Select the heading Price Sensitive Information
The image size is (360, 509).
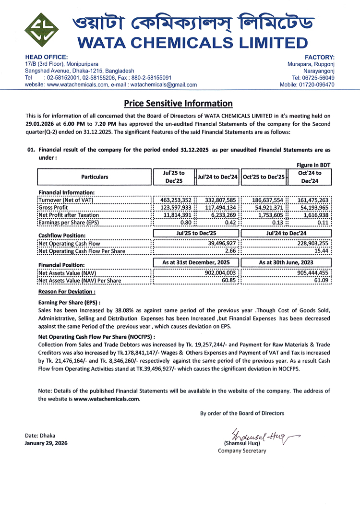[x=178, y=103]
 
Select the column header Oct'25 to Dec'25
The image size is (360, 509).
[x=264, y=177]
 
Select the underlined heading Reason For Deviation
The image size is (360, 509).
[x=67, y=291]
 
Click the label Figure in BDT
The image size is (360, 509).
[x=313, y=165]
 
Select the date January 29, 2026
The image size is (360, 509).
[x=46, y=443]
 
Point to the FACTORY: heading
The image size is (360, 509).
[x=320, y=57]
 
